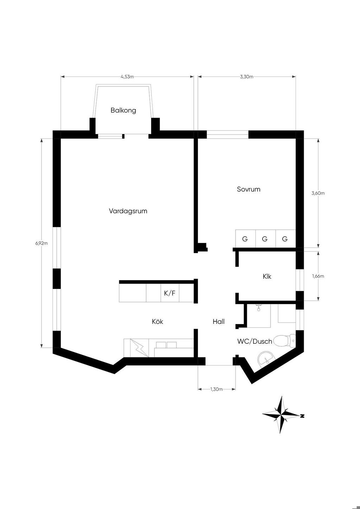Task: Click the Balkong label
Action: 123,110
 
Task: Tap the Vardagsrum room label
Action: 128,211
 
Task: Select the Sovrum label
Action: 249,189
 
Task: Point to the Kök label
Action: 157,322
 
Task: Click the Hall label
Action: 219,322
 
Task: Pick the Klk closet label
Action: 267,277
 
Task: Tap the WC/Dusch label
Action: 255,341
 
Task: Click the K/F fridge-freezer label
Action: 169,294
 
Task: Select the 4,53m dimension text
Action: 127,77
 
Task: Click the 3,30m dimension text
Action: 246,77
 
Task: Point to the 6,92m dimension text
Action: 41,243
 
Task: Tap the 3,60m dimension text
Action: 318,193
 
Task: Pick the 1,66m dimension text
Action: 318,276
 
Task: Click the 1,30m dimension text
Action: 216,389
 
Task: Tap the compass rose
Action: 281,415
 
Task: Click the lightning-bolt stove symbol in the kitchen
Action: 139,348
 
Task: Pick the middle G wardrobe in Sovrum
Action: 265,239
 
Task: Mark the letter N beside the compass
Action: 302,416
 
